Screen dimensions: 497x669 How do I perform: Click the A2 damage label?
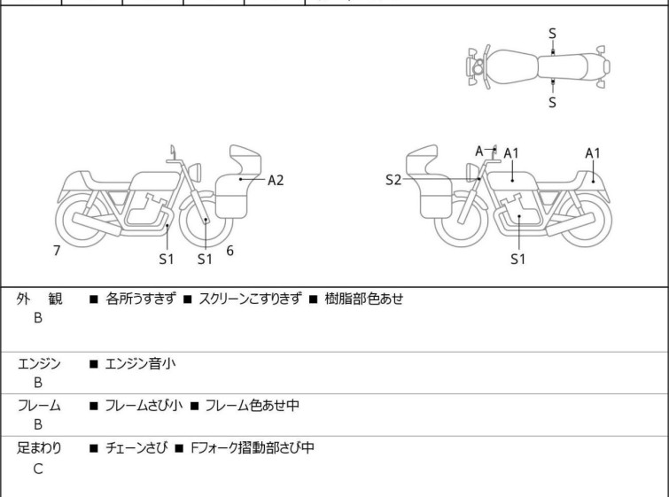(276, 180)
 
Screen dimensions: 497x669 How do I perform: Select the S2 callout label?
(393, 180)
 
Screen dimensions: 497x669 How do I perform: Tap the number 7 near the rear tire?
(57, 251)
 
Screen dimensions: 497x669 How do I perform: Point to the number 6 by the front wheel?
(229, 251)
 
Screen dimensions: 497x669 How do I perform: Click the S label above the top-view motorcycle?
(552, 34)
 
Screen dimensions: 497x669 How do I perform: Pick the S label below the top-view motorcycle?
(552, 102)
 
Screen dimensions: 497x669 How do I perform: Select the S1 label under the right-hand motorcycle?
(518, 260)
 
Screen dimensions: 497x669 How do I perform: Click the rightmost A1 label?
(593, 153)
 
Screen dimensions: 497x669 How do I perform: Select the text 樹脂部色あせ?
(363, 299)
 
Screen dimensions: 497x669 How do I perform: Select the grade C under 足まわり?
(38, 470)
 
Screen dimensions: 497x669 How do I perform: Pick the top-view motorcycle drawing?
(537, 67)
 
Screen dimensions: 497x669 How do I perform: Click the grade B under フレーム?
(38, 424)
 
